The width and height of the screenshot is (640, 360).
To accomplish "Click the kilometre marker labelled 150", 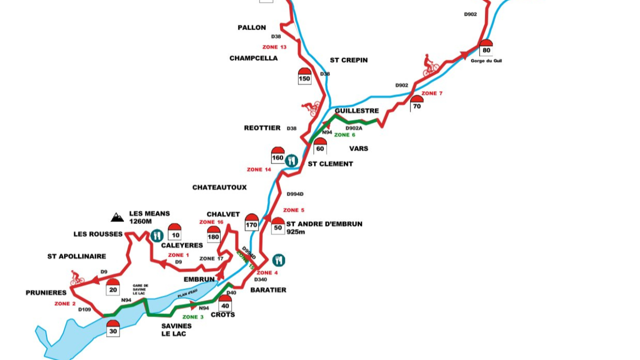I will (x=304, y=75).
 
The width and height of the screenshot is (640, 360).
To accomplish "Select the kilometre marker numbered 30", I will (x=113, y=328).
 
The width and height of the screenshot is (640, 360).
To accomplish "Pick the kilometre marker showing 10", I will (x=174, y=232).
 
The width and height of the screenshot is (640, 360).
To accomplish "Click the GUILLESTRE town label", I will (x=356, y=110).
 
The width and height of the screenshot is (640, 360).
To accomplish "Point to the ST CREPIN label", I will (x=348, y=60).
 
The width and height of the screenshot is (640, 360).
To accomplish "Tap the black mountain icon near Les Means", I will (x=117, y=217).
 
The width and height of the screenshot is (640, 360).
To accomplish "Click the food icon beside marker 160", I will (x=291, y=160).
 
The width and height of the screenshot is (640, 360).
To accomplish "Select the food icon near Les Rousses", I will (x=157, y=235).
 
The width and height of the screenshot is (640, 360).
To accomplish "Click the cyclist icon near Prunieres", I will (x=76, y=278).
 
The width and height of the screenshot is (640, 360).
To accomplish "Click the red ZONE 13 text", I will (x=274, y=47).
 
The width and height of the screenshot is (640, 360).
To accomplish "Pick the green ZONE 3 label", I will (x=193, y=317).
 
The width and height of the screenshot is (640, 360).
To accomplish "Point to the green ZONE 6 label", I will (x=344, y=135).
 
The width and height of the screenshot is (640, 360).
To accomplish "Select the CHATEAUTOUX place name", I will (x=219, y=187).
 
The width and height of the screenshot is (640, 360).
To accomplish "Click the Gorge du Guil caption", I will (x=486, y=61).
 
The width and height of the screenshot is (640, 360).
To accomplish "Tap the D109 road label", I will (x=84, y=309).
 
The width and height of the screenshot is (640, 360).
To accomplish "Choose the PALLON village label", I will (x=251, y=27).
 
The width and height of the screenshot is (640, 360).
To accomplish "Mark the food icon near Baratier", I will (x=279, y=260).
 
